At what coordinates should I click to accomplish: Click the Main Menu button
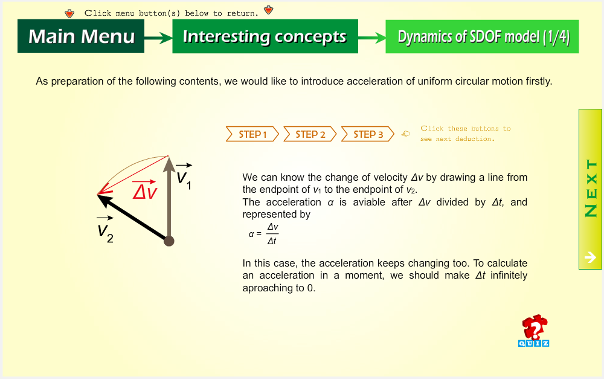pyautogui.click(x=81, y=36)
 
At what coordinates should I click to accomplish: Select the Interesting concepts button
pyautogui.click(x=265, y=36)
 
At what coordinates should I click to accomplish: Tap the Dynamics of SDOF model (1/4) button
pyautogui.click(x=482, y=36)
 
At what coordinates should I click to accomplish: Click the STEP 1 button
pyautogui.click(x=252, y=134)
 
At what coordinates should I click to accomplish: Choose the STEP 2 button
pyautogui.click(x=310, y=134)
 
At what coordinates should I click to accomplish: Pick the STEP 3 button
pyautogui.click(x=368, y=134)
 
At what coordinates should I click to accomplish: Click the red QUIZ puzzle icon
pyautogui.click(x=534, y=331)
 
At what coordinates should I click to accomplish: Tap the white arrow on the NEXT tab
pyautogui.click(x=590, y=257)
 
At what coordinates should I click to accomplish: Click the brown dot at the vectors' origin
pyautogui.click(x=169, y=241)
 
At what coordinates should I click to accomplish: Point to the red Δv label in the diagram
pyautogui.click(x=145, y=189)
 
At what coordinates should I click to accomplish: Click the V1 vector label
pyautogui.click(x=184, y=176)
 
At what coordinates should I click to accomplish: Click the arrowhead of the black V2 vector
pyautogui.click(x=104, y=199)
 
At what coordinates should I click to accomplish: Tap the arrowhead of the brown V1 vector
pyautogui.click(x=169, y=164)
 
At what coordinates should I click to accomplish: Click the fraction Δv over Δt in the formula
pyautogui.click(x=272, y=234)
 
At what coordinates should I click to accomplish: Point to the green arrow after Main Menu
pyautogui.click(x=158, y=38)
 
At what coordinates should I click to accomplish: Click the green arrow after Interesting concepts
pyautogui.click(x=371, y=38)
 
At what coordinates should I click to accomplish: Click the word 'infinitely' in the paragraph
pyautogui.click(x=509, y=275)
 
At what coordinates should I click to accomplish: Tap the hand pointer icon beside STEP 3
pyautogui.click(x=406, y=134)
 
